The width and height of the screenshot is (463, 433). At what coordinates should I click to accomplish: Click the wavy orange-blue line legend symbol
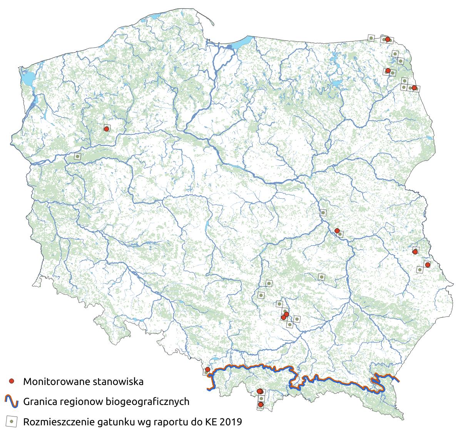point(12,401)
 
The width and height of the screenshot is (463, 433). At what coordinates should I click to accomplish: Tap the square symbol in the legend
point(12,421)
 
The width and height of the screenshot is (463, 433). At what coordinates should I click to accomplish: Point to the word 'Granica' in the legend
point(41,402)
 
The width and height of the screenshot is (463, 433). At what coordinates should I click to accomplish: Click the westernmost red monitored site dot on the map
point(106,129)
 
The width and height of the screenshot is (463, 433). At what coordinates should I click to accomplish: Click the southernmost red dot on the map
point(261,405)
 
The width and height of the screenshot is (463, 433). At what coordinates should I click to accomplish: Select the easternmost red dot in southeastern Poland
point(427,265)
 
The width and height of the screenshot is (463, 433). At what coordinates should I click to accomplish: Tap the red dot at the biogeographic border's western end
point(207,370)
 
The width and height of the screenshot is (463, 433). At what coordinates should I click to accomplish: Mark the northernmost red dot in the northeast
point(387,39)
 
